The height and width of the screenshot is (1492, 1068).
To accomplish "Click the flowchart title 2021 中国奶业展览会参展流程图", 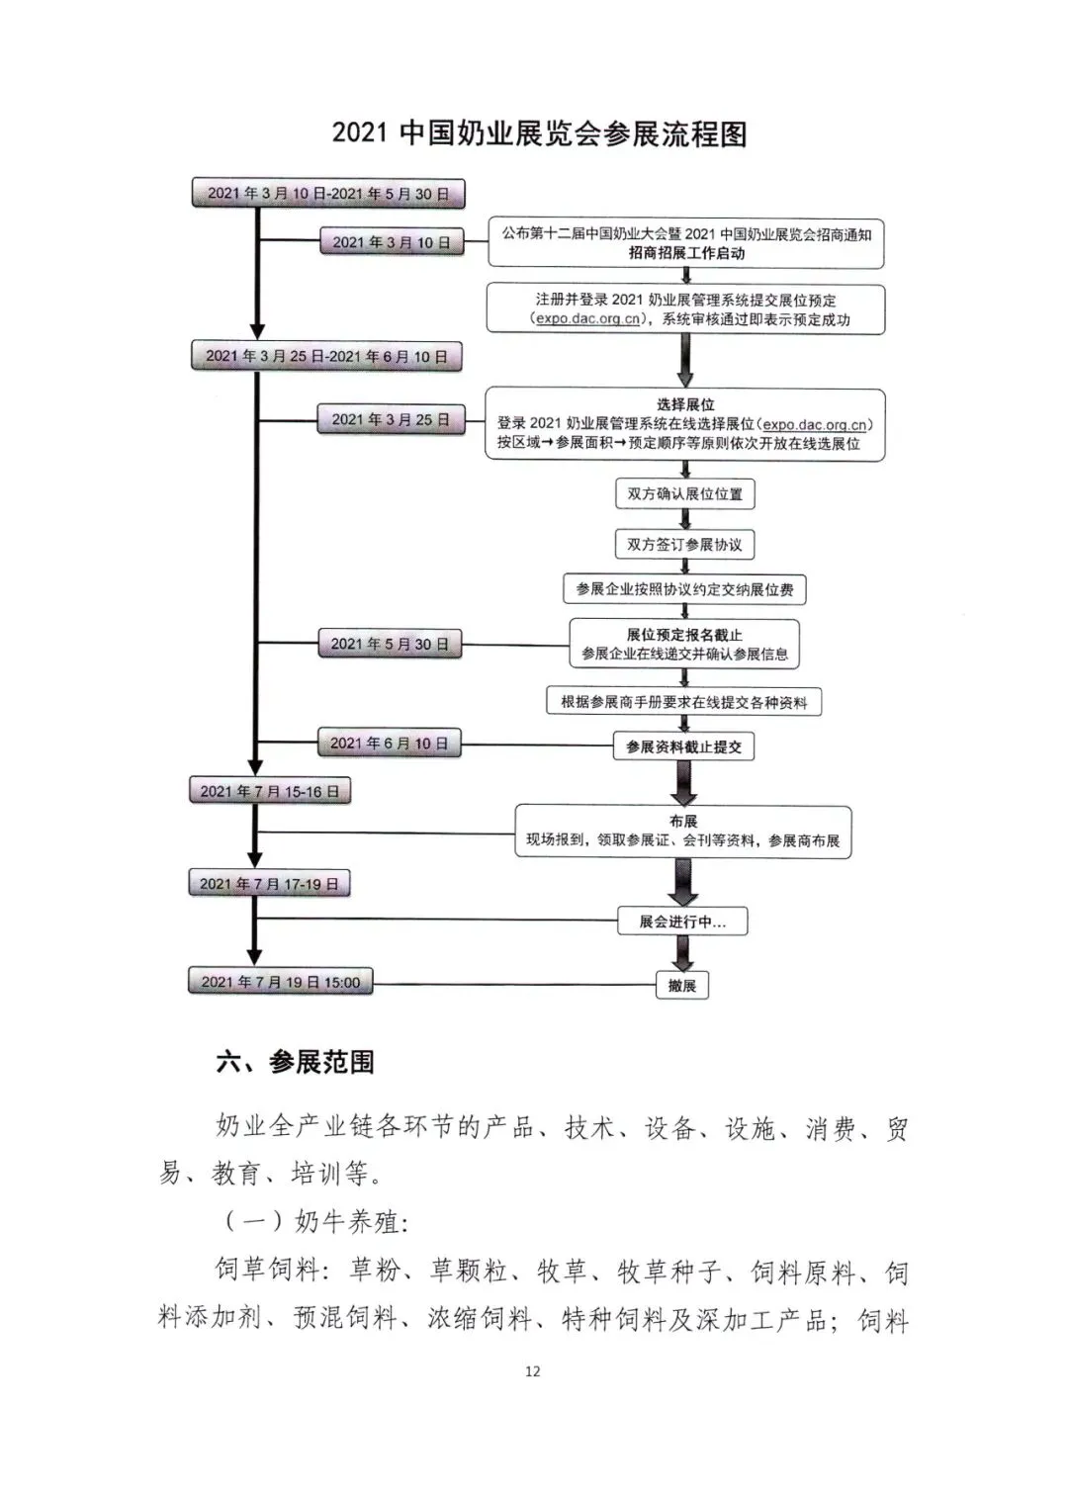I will (539, 133).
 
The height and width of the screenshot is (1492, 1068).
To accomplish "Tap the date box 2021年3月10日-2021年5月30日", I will (327, 194).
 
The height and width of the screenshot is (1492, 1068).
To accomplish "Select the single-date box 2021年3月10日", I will (391, 242).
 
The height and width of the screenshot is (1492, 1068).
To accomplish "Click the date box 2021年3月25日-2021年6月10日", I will (326, 357).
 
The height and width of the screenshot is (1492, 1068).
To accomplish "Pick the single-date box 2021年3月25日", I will (391, 420).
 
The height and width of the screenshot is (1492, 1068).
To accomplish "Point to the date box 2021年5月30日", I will (390, 645).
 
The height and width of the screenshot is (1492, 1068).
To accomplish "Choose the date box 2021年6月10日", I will (389, 744).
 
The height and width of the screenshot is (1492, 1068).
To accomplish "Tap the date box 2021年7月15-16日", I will (269, 791).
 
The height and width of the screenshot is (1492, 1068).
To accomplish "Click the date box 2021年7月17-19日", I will (269, 884).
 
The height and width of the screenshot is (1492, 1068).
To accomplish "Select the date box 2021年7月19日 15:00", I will (280, 982).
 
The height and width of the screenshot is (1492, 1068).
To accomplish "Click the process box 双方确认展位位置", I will (684, 493).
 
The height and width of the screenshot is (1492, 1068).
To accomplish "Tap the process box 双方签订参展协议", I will (684, 545).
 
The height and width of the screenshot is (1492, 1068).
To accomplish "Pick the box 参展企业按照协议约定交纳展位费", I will (684, 589).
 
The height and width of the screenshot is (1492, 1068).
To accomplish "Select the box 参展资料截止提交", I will (683, 747).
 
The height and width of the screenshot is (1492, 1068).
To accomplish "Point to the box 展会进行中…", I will (682, 922).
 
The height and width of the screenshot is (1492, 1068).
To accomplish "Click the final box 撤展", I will (682, 986).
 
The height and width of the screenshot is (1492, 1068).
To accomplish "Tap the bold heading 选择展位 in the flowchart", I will (685, 404).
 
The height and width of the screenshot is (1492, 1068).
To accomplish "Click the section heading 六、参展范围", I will (295, 1063).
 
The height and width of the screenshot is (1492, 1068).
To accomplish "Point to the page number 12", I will (533, 1371).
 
